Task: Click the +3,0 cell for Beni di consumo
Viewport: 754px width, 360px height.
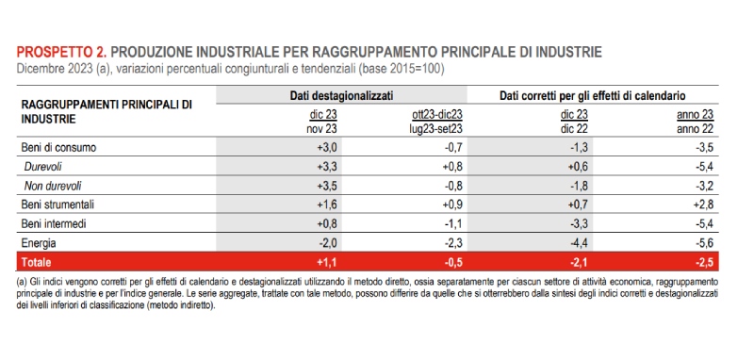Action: click(x=324, y=148)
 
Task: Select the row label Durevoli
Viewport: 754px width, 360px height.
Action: click(x=43, y=166)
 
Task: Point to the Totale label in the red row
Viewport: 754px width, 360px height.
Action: click(x=37, y=260)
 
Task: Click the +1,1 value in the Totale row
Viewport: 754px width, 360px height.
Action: click(x=324, y=260)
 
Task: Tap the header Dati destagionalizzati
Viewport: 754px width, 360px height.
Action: click(x=340, y=96)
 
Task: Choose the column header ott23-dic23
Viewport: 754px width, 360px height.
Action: click(x=436, y=114)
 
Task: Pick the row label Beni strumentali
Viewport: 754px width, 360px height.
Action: click(x=57, y=204)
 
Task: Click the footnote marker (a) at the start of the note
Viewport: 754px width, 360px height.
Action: click(x=23, y=281)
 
